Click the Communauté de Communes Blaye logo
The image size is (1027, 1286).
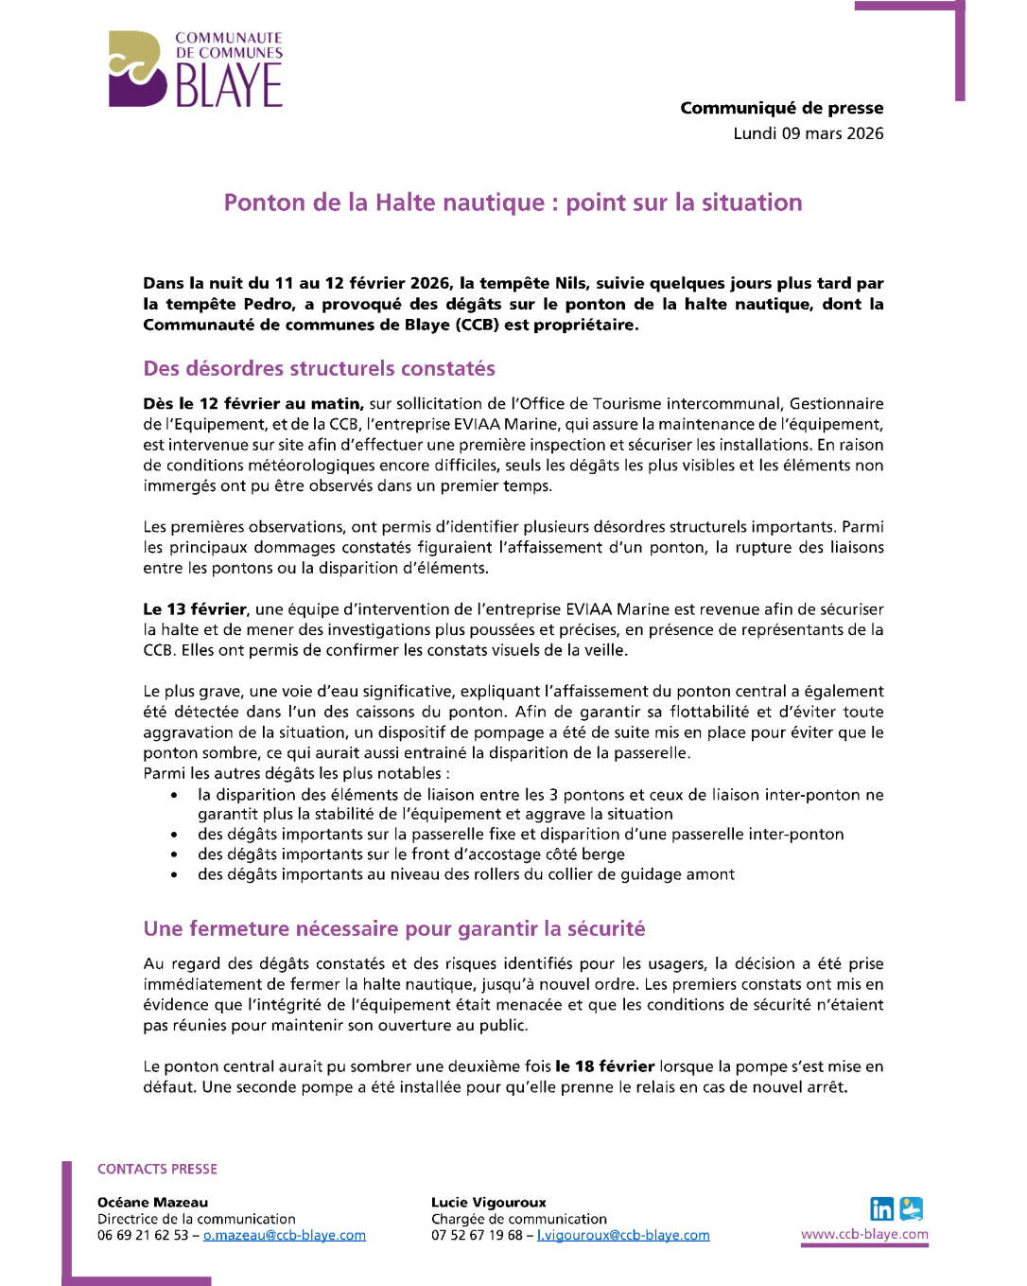pos(196,69)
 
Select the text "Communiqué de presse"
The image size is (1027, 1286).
pos(781,108)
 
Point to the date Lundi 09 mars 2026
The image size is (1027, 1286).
pos(808,133)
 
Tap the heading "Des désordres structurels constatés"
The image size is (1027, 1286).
pos(319,368)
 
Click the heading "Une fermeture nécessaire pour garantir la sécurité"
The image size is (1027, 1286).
pos(393,928)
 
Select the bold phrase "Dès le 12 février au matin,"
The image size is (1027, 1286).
pos(252,403)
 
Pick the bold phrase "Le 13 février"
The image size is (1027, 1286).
pos(195,608)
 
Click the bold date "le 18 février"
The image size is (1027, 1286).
pos(604,1066)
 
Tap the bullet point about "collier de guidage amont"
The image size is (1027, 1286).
pos(465,874)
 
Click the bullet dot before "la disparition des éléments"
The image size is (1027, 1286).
pos(174,796)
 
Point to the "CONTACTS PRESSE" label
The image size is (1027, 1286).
pos(157,1169)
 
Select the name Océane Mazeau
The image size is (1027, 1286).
pos(152,1202)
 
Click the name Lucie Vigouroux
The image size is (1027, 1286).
pos(488,1202)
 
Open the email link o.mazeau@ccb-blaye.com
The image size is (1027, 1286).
pos(284,1235)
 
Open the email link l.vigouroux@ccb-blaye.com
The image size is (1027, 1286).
pos(622,1235)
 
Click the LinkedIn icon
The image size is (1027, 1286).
pos(881,1208)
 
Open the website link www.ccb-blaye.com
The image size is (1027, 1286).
pos(864,1234)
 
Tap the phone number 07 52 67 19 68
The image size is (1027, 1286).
pos(477,1235)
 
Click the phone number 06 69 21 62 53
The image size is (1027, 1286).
pos(142,1235)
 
